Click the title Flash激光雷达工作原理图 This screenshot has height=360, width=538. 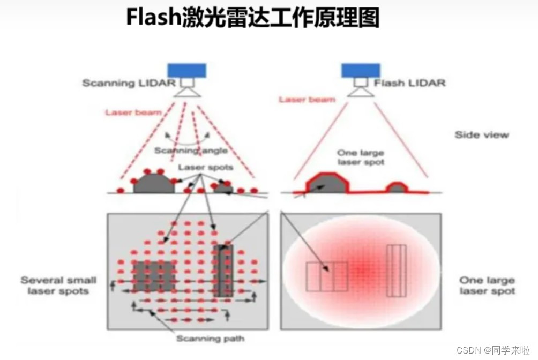(x=252, y=18)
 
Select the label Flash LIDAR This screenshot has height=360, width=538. (x=410, y=83)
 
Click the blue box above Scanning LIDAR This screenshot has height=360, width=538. (x=186, y=70)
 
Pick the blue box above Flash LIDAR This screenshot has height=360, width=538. (x=361, y=70)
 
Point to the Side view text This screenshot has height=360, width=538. (x=482, y=134)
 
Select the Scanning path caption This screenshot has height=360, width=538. (x=210, y=339)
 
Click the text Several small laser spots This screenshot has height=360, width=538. (x=58, y=286)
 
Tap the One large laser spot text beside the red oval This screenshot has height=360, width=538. (x=487, y=286)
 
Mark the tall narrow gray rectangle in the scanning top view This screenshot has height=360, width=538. (x=226, y=271)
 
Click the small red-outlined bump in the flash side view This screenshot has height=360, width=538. (x=397, y=187)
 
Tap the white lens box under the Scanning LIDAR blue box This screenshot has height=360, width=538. (x=187, y=83)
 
